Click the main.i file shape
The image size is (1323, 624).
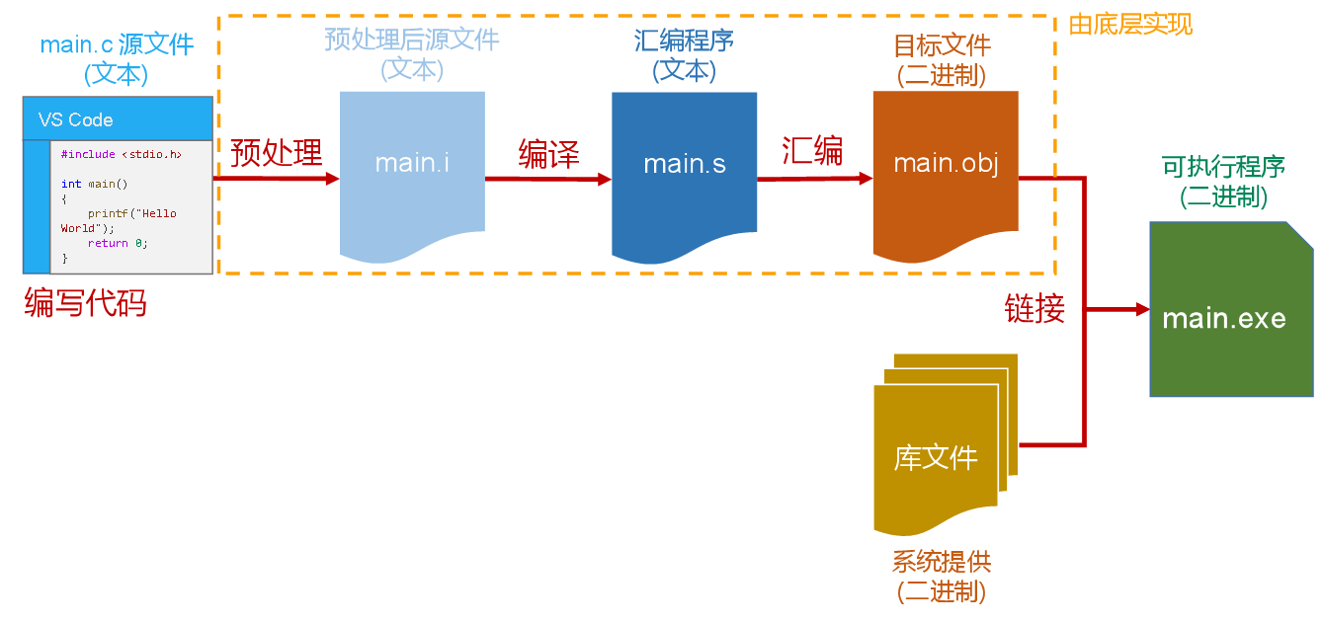coord(412,173)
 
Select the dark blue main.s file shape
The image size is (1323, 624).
coord(684,173)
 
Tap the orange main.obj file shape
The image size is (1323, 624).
coord(946,173)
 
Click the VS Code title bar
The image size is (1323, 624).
coord(118,119)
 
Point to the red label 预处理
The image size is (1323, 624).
coord(277,154)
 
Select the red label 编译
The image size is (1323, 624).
coord(548,154)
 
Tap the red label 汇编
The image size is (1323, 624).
coord(812,151)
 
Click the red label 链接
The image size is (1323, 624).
coord(1034,309)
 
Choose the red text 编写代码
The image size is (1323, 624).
coord(85,303)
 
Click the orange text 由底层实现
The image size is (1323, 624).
coord(1130,24)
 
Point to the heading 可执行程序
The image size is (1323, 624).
coord(1223,167)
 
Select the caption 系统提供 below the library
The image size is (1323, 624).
coord(941,562)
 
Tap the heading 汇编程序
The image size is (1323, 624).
coord(684,41)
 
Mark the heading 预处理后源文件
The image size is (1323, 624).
coord(412,40)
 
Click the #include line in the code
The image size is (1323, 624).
coord(121,155)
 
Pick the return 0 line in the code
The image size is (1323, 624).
coord(117,243)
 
